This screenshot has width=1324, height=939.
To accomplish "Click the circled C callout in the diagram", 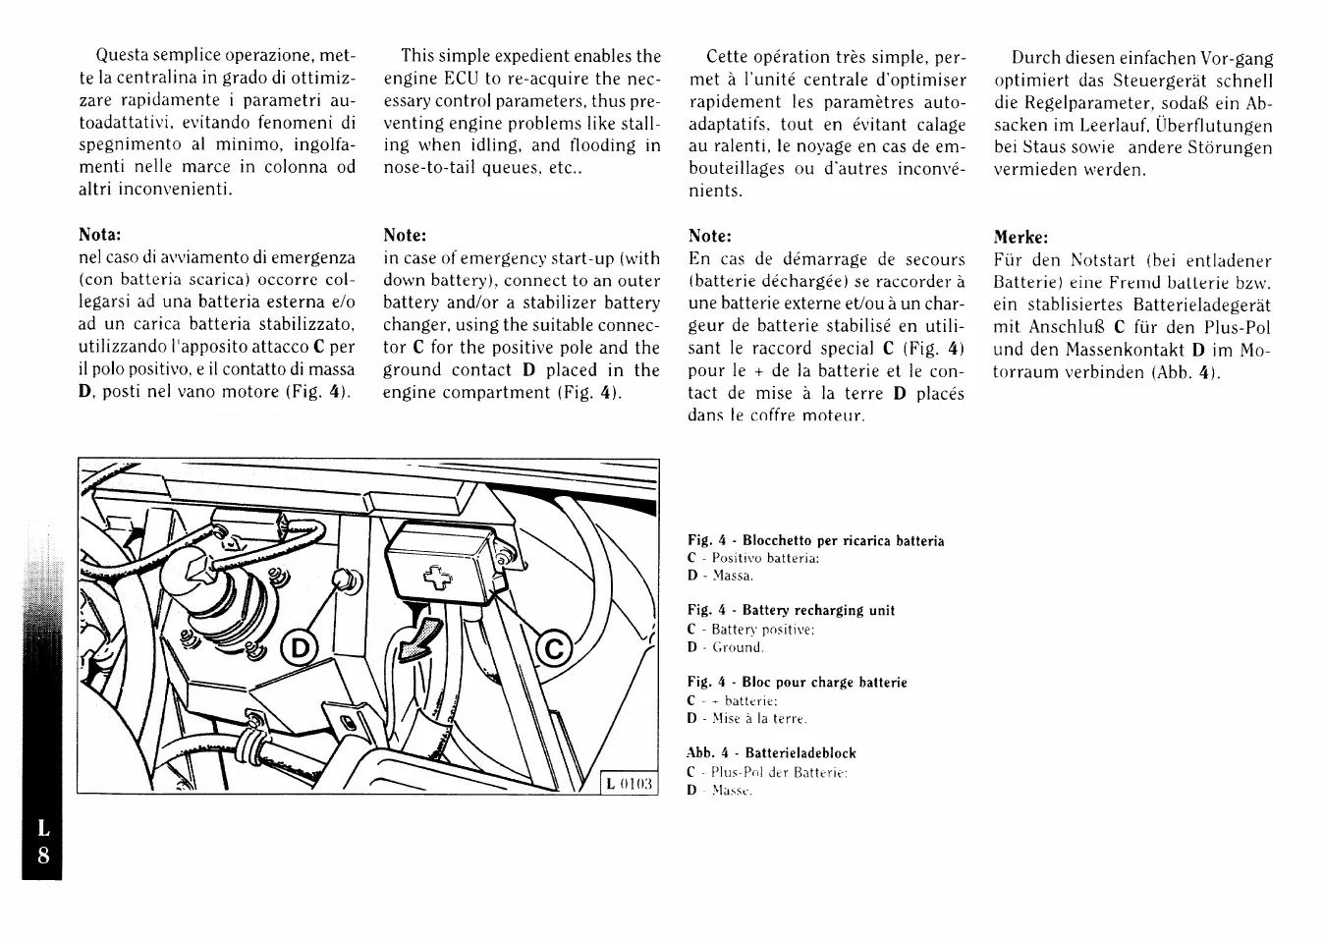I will (x=553, y=649).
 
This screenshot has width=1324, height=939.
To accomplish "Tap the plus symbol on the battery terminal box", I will (x=434, y=579).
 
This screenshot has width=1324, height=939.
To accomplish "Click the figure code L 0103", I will (x=630, y=783).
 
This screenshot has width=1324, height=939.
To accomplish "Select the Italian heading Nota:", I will (x=100, y=235).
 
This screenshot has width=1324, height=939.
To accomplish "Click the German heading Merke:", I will (x=1021, y=237).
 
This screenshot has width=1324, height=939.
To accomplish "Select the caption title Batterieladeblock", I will (x=800, y=753).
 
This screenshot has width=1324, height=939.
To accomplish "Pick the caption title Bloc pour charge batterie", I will (x=824, y=683).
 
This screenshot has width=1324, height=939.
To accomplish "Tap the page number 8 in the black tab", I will (x=43, y=855).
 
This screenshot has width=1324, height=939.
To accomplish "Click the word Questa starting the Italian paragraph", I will (x=124, y=56).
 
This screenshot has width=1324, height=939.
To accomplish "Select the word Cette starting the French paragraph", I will (x=733, y=57).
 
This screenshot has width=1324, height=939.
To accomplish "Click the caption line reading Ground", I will (x=738, y=647).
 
